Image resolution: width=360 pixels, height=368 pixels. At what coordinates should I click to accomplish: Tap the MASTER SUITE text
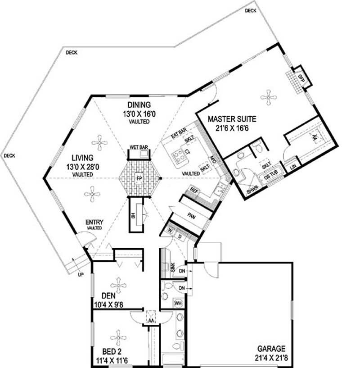[x=232, y=119]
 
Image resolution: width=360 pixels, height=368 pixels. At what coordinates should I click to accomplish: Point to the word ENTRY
[x=94, y=222]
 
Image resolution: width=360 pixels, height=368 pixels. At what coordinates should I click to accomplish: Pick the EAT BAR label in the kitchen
[x=178, y=134]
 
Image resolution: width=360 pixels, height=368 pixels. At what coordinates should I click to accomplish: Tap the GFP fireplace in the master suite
[x=301, y=78]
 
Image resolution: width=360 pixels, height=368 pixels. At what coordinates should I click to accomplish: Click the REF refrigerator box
[x=194, y=190]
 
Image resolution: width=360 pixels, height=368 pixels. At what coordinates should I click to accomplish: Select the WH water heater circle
[x=178, y=303]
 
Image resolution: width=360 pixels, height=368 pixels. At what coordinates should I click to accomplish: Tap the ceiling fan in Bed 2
[x=118, y=336]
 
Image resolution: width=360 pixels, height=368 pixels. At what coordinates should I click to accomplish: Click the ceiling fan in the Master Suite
[x=268, y=95]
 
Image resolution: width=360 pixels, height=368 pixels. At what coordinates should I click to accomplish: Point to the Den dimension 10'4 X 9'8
[x=108, y=304]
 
